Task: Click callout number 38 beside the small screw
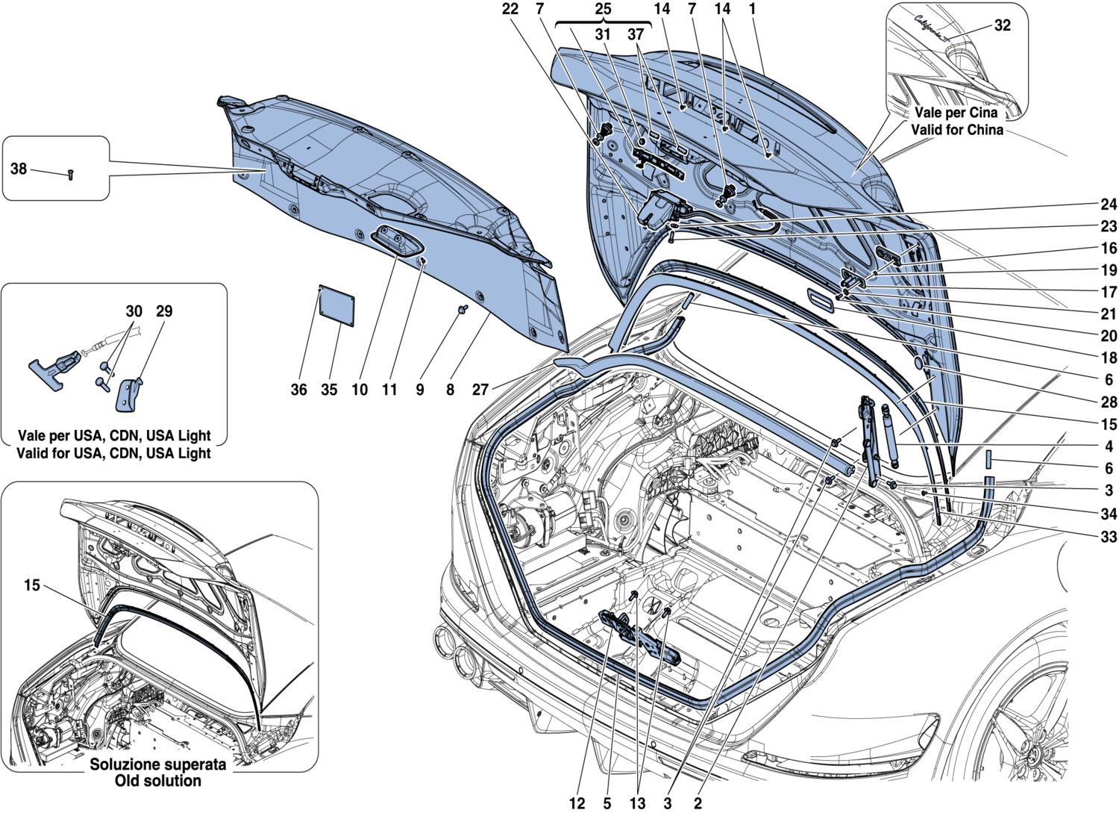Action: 19,169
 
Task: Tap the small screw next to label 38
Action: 69,175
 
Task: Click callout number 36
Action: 298,389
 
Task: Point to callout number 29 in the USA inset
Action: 163,311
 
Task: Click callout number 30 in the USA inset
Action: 134,311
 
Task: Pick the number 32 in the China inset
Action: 1002,25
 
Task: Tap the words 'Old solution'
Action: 157,781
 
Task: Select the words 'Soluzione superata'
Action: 157,764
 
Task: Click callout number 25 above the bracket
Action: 603,9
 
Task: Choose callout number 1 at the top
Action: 753,9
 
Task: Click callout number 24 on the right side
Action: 1109,205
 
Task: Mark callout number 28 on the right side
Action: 1109,402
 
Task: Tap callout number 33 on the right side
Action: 1109,537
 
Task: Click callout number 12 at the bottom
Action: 577,803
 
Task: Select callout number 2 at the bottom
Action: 698,803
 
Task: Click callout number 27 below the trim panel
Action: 480,389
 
